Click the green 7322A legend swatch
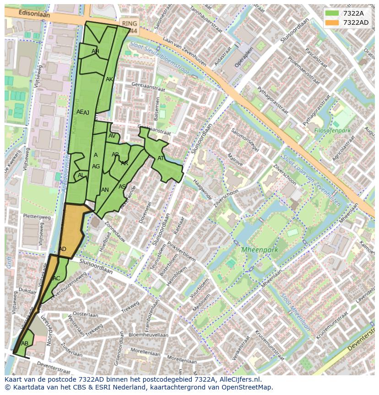coord(332,13)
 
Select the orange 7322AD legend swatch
coord(332,22)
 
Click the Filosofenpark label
coord(332,131)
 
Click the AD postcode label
coord(63,249)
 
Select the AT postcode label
coord(161,158)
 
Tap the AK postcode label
coord(109,79)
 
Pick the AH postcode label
coord(95,51)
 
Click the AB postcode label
coord(25,343)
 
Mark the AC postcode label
coord(56,278)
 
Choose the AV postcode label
coord(112,136)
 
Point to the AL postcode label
coord(81,175)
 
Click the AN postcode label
coord(105,190)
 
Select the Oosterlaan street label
coord(86,315)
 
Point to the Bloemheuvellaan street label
coord(146,335)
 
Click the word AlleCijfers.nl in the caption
coord(238,379)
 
